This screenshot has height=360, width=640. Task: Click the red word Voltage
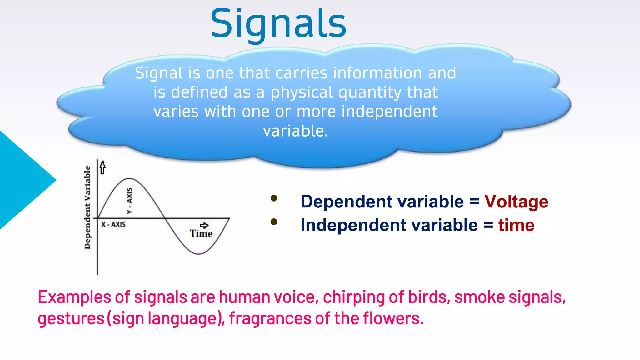coord(516,202)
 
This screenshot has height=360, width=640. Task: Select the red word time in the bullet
coord(516,225)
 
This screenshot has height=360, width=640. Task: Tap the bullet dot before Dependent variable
coord(274,198)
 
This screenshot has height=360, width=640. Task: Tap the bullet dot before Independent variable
coord(274,222)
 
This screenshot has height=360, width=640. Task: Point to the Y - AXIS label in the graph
coord(129,201)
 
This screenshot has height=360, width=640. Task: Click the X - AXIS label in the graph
coord(113,224)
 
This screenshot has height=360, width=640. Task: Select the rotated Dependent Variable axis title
coord(87,207)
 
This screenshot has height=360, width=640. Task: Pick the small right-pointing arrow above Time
coord(204,225)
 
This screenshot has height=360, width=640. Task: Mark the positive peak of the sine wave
coord(129,179)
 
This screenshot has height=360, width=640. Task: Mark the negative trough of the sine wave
coord(198,254)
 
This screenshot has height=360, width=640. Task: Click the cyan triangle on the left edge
coord(22,180)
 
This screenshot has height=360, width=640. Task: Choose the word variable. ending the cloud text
coord(296,131)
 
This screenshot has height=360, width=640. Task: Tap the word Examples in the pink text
coord(74,297)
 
